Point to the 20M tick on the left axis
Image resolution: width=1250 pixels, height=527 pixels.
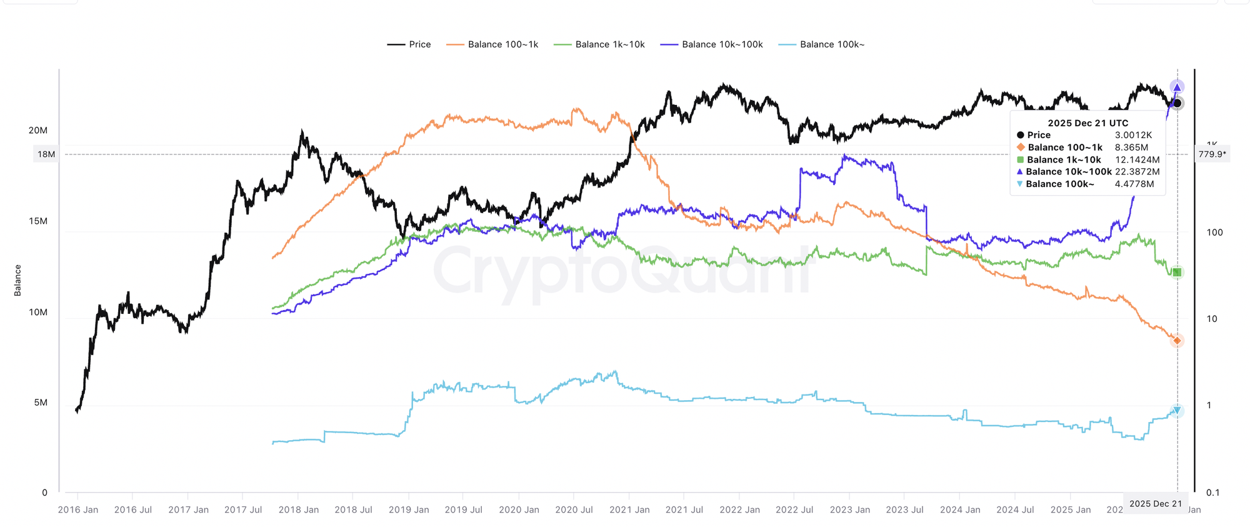tap(38, 130)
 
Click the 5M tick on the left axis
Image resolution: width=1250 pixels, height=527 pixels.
tap(41, 403)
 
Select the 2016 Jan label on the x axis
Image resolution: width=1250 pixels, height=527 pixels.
tap(78, 509)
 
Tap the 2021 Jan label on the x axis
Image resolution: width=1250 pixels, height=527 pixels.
tap(629, 509)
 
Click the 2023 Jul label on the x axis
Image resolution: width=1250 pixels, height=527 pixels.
tap(904, 509)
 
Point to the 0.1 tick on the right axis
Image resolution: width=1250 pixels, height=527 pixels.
tap(1212, 493)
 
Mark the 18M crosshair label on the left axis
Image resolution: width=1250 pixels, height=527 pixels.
tap(46, 154)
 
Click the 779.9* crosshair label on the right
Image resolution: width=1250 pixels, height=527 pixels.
tap(1212, 154)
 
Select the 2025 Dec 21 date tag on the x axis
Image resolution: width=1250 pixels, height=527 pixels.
tap(1155, 504)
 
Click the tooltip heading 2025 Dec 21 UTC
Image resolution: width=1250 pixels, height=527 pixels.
tap(1087, 123)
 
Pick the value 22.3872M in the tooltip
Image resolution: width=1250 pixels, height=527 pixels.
tap(1137, 172)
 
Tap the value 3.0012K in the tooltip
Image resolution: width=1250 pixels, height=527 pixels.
tap(1133, 135)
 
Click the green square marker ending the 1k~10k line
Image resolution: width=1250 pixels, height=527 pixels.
tap(1177, 273)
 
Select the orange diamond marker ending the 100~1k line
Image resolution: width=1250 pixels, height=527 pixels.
tap(1177, 341)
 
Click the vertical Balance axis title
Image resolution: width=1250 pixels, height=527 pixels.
tap(17, 280)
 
